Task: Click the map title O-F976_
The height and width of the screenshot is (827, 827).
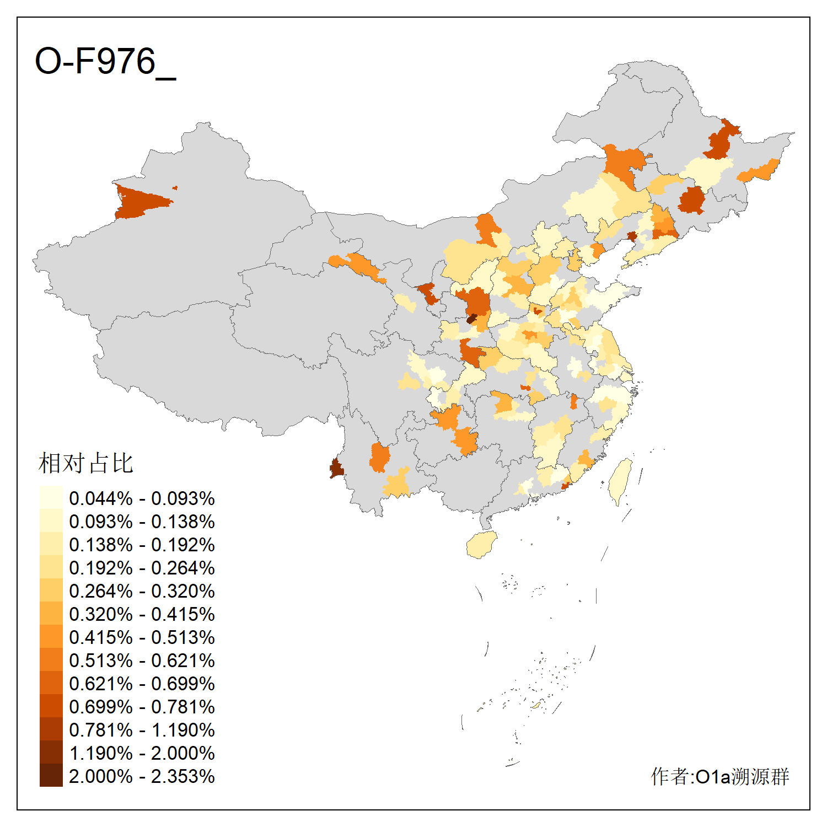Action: (105, 61)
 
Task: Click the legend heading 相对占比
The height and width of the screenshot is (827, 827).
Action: (86, 463)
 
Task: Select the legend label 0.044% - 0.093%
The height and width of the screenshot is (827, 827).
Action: (142, 498)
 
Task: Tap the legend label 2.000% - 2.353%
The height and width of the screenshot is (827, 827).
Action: (142, 776)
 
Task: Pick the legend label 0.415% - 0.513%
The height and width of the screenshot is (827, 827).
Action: (142, 637)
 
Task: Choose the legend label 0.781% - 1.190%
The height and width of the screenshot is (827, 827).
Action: (142, 730)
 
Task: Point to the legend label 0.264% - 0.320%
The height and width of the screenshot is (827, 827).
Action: (142, 591)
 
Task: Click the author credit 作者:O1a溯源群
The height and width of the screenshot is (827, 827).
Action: (719, 776)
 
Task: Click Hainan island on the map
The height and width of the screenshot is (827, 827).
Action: (481, 545)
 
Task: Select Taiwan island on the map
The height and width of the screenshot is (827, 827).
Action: (620, 480)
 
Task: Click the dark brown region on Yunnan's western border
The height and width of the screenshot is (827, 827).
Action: (336, 469)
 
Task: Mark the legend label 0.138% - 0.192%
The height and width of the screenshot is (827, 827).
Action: (142, 545)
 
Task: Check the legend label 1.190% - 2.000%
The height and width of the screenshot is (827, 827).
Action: (142, 753)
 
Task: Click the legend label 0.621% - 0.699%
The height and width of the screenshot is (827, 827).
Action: (142, 684)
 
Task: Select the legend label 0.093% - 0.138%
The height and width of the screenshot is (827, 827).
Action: (142, 522)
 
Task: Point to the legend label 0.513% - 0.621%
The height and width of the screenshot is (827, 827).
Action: (142, 660)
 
